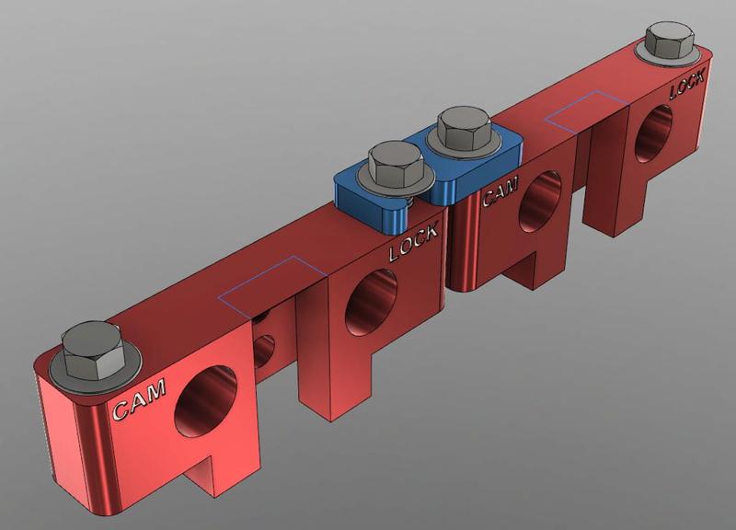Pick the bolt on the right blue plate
(463, 129)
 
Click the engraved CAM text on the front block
(139, 401)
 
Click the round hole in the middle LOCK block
(373, 303)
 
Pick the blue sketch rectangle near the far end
(584, 110)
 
